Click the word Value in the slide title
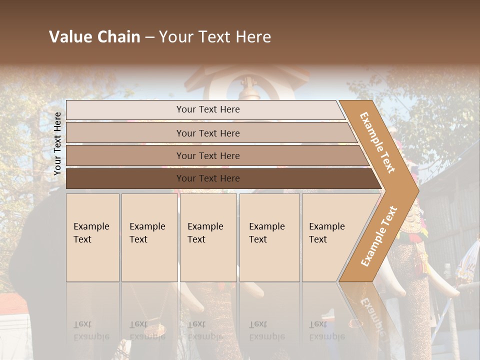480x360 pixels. [x=69, y=37]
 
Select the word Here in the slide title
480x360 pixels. [x=253, y=37]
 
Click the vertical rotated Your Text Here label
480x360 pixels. [x=57, y=143]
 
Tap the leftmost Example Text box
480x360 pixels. [x=92, y=237]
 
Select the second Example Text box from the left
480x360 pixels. [x=149, y=237]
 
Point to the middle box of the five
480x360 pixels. [x=208, y=237]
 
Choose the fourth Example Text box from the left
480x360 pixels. [x=269, y=237]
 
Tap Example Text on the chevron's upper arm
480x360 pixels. [x=377, y=142]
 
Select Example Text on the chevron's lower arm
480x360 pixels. [x=379, y=236]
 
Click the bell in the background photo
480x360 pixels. [x=246, y=90]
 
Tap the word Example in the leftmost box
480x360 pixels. [x=91, y=226]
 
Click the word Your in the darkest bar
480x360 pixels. [x=185, y=178]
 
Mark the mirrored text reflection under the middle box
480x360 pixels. [x=205, y=330]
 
